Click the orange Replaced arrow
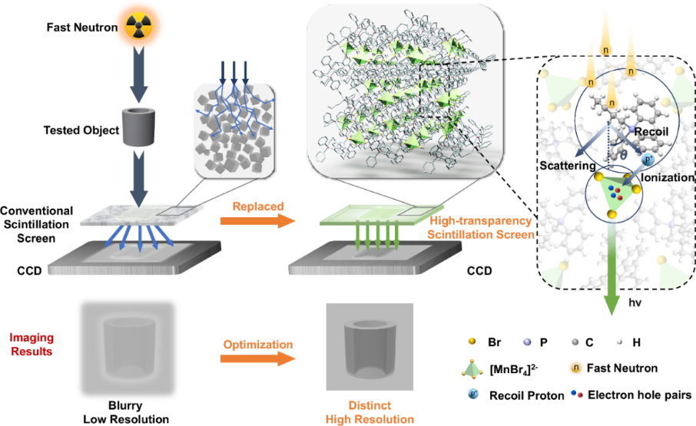point(257,221)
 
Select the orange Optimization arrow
point(257,358)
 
